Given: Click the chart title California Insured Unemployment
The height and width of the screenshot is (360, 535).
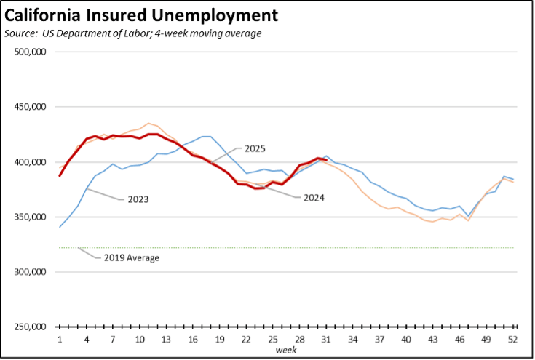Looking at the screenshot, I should (141, 15).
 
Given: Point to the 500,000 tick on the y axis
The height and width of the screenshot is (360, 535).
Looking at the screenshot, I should (31, 52).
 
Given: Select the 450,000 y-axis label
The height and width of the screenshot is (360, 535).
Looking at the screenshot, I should (31, 107).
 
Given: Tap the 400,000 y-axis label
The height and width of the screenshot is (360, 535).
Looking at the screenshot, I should (31, 162).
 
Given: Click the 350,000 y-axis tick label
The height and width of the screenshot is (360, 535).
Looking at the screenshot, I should (31, 217).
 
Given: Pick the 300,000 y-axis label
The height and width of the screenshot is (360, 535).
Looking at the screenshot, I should (31, 272).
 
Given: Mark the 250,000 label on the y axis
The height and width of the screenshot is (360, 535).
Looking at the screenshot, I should (31, 327).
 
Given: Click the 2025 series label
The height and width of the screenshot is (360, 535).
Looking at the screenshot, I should (254, 148).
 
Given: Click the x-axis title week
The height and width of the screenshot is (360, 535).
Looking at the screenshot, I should (285, 351).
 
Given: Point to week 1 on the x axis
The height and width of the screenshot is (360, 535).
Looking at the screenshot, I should (60, 340).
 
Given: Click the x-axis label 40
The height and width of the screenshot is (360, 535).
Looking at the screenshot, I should (405, 340).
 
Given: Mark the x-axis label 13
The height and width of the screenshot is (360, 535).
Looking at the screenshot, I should (166, 340).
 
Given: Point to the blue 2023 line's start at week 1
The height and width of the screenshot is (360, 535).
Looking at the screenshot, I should (60, 227).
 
